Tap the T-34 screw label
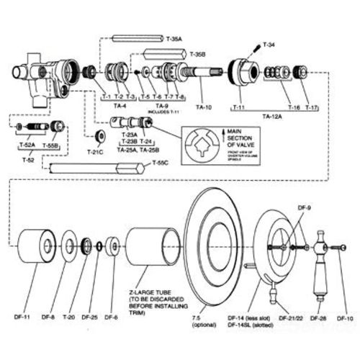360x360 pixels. pyautogui.click(x=269, y=45)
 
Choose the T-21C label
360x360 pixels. pyautogui.click(x=96, y=152)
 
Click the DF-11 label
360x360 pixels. pyautogui.click(x=22, y=317)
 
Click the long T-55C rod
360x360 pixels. pyautogui.click(x=94, y=168)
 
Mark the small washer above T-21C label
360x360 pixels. pyautogui.click(x=99, y=137)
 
